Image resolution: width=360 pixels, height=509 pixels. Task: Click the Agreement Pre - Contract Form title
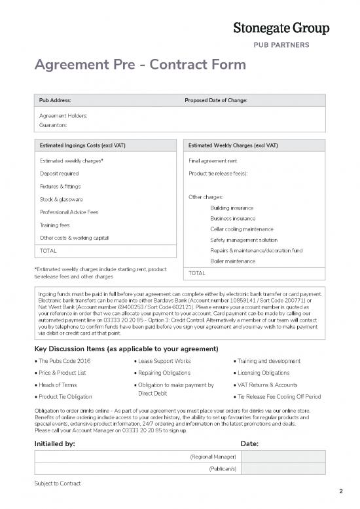pos(140,65)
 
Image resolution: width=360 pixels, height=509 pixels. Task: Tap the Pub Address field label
pos(56,101)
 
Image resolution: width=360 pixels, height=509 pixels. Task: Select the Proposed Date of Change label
pos(217,101)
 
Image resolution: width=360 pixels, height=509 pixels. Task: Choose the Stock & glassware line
pos(62,199)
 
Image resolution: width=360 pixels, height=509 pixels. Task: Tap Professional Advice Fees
pos(69,212)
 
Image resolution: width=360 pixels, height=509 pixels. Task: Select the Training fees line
pos(56,225)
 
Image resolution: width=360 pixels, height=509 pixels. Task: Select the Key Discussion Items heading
pos(126,347)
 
